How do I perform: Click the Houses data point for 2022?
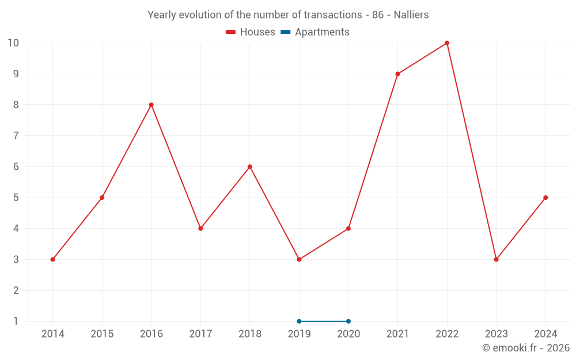[447, 43]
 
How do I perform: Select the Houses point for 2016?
[151, 105]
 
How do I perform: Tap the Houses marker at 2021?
[397, 74]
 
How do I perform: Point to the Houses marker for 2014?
[52, 259]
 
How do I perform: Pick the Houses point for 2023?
[496, 259]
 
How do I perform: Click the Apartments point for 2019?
[299, 321]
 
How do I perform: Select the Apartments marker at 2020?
[348, 321]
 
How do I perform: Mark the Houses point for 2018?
[250, 166]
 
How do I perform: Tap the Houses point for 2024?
[545, 198]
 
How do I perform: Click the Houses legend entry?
[251, 32]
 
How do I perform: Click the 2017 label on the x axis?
[200, 334]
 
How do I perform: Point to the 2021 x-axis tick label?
[397, 334]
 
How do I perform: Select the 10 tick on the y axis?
[13, 43]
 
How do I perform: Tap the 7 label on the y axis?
[16, 136]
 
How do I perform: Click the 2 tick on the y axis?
[16, 290]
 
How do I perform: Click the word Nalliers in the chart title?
[411, 15]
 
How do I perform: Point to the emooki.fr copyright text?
[525, 348]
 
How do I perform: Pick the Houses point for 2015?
[102, 198]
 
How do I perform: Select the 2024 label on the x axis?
[545, 334]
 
